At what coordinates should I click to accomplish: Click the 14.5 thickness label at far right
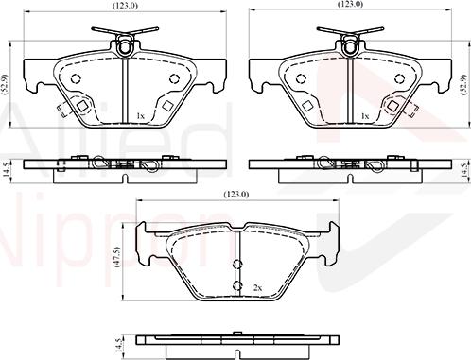463,169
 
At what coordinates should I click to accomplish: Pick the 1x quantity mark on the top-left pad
140,115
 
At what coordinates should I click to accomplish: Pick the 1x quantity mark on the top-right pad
365,115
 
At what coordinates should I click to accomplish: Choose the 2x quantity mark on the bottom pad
256,286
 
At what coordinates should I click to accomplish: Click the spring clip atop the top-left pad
124,42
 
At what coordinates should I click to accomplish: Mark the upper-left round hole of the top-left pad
76,78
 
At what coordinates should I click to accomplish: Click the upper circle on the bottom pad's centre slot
235,264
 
